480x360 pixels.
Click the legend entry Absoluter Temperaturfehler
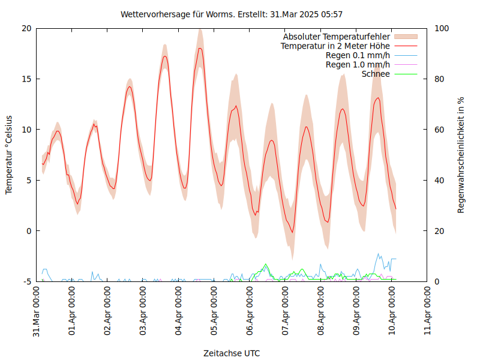(x=337, y=37)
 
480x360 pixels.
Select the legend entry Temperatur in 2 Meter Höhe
(x=335, y=46)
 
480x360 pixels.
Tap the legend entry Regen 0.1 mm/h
(x=358, y=55)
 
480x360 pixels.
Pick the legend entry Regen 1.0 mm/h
(x=358, y=65)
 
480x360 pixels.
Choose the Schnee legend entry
(x=376, y=74)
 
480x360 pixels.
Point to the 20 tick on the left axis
(x=26, y=28)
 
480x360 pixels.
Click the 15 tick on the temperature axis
(x=26, y=79)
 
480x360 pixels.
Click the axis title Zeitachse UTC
(x=232, y=353)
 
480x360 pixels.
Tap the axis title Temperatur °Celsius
(x=9, y=155)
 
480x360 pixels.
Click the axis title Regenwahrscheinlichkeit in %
(x=461, y=155)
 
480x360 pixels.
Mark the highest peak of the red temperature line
(x=200, y=48)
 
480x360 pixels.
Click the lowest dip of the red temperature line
(x=293, y=232)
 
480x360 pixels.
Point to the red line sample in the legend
(x=405, y=46)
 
